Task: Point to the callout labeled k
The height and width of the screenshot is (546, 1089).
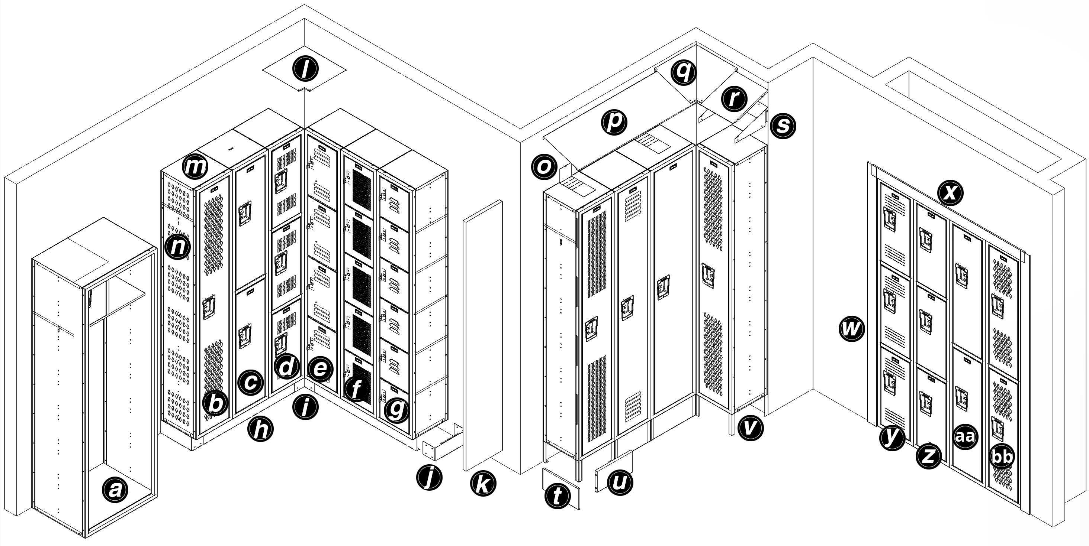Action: point(483,484)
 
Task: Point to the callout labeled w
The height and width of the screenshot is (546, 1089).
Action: point(851,329)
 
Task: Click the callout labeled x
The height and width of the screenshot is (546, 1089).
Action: point(950,193)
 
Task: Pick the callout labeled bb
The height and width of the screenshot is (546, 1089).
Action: point(1002,457)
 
